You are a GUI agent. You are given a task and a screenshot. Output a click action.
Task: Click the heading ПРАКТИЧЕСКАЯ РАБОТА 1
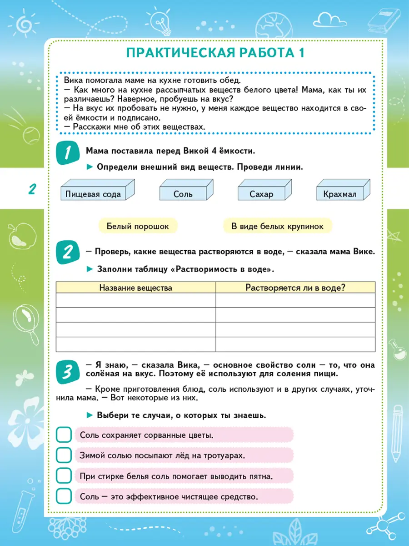click(x=215, y=53)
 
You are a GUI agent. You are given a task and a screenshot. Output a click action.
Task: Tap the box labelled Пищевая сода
click(x=93, y=194)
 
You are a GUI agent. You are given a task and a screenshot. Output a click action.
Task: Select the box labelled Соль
click(x=183, y=194)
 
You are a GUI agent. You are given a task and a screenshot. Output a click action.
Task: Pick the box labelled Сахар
click(x=261, y=194)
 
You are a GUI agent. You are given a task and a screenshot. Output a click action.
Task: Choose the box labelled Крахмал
click(x=340, y=194)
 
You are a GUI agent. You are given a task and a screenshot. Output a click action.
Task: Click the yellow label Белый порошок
click(x=138, y=226)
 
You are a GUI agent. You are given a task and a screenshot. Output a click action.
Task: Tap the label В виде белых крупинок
click(x=277, y=226)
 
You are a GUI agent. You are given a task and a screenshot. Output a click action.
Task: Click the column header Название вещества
click(x=136, y=288)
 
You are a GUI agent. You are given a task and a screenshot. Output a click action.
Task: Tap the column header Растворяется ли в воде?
click(x=295, y=288)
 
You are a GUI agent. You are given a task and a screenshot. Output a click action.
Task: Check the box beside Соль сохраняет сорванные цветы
click(x=64, y=435)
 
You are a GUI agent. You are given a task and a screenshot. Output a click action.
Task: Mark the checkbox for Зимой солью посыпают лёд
click(x=64, y=455)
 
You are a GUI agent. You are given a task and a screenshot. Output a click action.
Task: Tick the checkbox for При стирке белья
click(x=64, y=476)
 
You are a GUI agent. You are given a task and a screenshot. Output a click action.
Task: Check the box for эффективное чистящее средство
click(x=64, y=496)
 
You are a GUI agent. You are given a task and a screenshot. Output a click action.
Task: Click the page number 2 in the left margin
click(x=31, y=189)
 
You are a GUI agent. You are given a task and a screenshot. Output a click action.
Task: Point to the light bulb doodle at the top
click(x=157, y=20)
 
